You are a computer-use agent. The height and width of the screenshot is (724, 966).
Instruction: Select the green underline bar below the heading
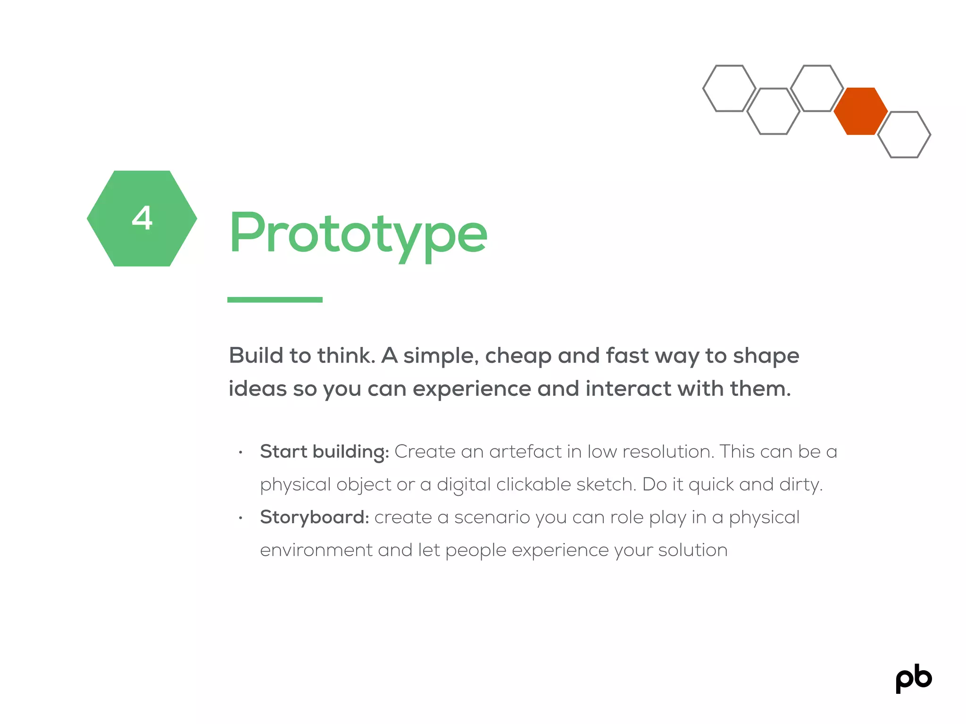275,300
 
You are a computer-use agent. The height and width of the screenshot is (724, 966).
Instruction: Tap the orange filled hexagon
860,111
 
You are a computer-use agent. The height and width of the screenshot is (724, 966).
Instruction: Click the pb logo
914,678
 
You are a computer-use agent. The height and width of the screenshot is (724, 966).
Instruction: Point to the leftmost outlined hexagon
729,89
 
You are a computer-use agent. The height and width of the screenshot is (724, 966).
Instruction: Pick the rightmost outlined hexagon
904,134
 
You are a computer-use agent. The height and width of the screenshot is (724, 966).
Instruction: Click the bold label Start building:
325,452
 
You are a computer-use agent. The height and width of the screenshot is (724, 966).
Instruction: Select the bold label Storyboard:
315,517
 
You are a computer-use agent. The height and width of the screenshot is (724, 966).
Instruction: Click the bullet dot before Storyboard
241,518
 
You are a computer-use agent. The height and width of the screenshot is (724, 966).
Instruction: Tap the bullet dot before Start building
241,452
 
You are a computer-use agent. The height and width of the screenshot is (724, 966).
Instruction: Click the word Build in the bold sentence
255,355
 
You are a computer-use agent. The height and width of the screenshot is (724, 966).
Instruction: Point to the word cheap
518,356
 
